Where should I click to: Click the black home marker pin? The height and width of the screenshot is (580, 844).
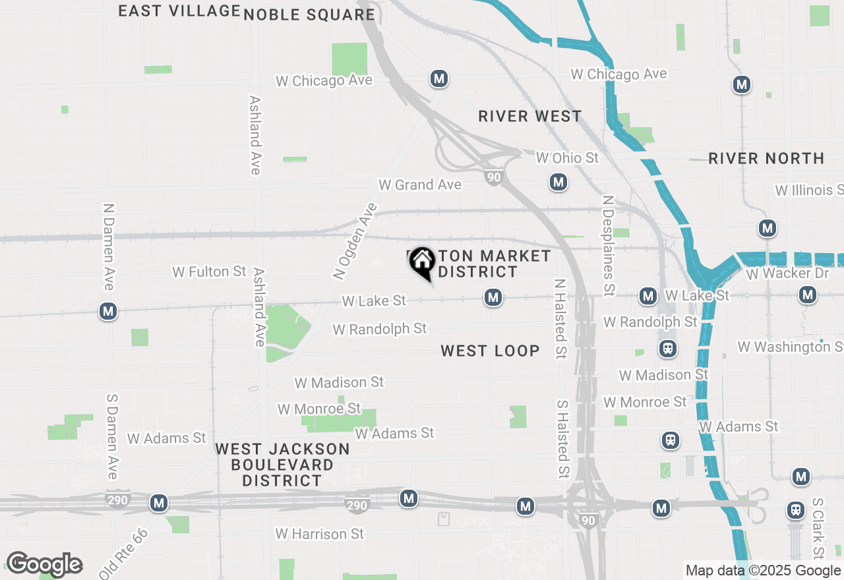(422, 263)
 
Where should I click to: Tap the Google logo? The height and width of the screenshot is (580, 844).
(44, 565)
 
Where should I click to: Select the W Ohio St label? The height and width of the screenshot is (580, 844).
(567, 158)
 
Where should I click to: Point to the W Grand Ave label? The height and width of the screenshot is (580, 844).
(420, 185)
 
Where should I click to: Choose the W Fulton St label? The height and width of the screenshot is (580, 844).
(209, 272)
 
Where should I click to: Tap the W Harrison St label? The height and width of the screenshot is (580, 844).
(320, 533)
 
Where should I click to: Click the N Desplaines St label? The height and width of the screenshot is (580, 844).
(608, 245)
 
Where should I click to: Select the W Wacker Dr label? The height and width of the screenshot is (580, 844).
(787, 273)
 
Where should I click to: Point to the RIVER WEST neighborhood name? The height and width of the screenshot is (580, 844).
(530, 117)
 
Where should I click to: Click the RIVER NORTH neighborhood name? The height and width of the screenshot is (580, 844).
(766, 158)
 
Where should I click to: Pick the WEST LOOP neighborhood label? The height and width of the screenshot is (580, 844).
(490, 351)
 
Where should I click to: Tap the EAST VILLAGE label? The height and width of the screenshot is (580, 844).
(179, 11)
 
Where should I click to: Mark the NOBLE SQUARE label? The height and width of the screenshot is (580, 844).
(309, 14)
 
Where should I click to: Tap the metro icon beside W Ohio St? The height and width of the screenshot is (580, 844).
(558, 182)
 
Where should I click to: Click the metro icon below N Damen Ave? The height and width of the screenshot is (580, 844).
(108, 311)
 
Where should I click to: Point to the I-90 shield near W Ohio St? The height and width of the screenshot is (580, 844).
(493, 177)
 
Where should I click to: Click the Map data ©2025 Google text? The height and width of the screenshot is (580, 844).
(763, 571)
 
